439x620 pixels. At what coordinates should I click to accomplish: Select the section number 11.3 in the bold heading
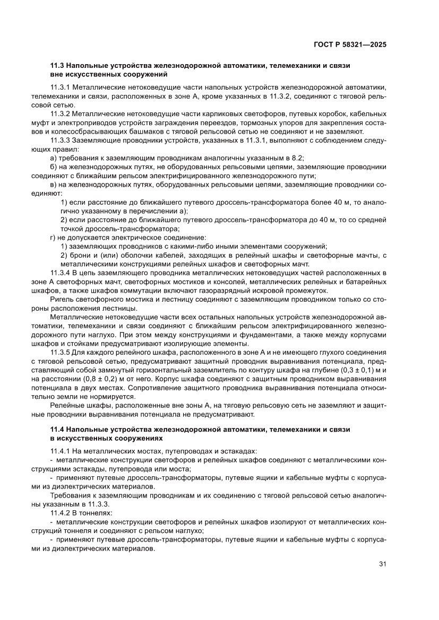click(x=56, y=66)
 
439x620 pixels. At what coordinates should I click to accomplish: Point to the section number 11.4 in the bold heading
click(x=56, y=429)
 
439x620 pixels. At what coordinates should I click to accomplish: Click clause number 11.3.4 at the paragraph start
click(x=61, y=272)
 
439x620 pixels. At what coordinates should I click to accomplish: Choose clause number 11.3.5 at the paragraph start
click(x=61, y=352)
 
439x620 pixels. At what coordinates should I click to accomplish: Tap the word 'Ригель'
click(x=62, y=299)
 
